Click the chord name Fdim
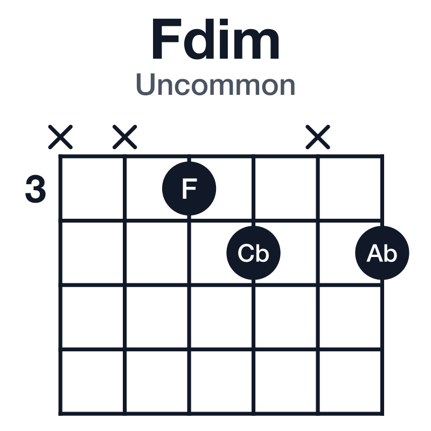(x=216, y=39)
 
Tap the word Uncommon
(x=215, y=85)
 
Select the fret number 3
(x=36, y=189)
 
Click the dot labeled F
(x=189, y=189)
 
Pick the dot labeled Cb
(x=253, y=253)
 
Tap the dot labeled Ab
(x=382, y=253)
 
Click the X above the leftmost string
(x=60, y=137)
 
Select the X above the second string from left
(x=125, y=137)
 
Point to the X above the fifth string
(x=318, y=137)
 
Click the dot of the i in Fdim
(x=225, y=23)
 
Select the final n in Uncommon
(x=287, y=87)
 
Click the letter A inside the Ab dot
(x=374, y=253)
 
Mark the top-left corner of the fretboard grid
(x=60, y=156)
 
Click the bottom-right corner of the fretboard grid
(x=382, y=414)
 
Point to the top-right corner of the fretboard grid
(x=382, y=156)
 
